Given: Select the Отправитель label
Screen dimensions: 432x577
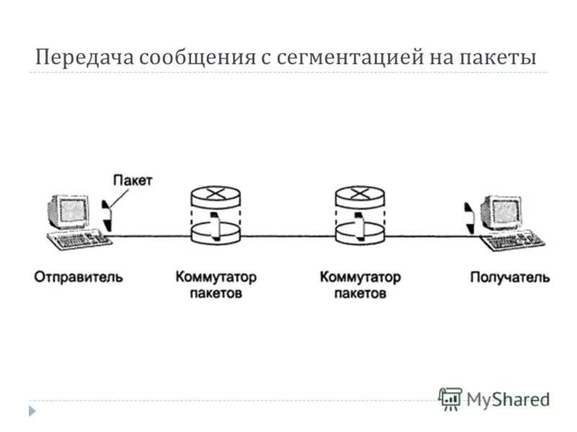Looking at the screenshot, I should pos(79,276).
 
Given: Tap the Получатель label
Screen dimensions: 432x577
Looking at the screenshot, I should pos(510,276).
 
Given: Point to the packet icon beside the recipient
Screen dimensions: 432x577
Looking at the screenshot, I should pos(469,215).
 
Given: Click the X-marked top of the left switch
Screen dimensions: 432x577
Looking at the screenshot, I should pos(215,192).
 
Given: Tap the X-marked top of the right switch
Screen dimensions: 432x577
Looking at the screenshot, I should pos(359,192).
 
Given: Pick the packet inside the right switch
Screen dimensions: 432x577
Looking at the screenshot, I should pos(359,226).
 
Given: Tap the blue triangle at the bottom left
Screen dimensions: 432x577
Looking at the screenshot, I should pos(32,411).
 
